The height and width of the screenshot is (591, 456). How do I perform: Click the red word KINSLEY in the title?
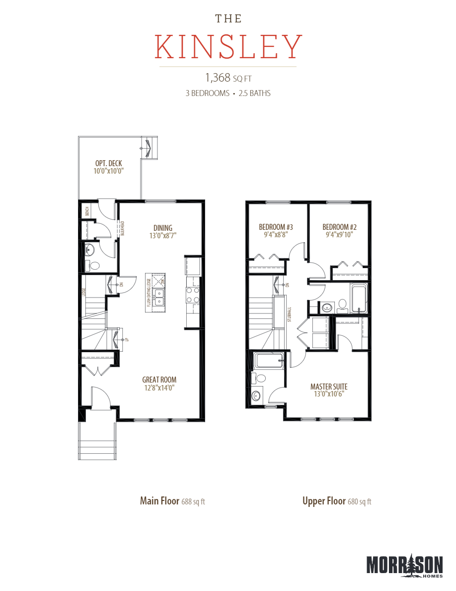[x=228, y=47]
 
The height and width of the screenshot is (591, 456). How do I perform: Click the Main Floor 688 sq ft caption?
[x=172, y=501]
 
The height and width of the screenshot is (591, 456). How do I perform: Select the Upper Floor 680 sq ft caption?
[x=337, y=501]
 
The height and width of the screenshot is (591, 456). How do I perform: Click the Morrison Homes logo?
[x=404, y=566]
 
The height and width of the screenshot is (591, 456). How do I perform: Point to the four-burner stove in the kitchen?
[x=192, y=295]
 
